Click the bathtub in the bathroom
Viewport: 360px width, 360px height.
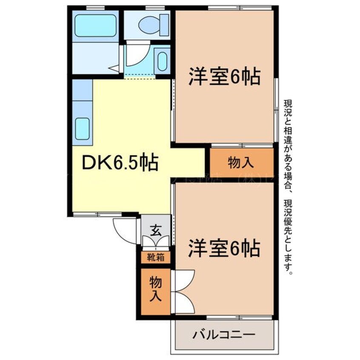coord(95,26)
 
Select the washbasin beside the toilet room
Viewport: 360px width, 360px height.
coord(163,61)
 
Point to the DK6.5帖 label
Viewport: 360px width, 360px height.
coord(117,163)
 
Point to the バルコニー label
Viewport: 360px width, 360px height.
coord(224,334)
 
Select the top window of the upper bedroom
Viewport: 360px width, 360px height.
coord(240,8)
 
